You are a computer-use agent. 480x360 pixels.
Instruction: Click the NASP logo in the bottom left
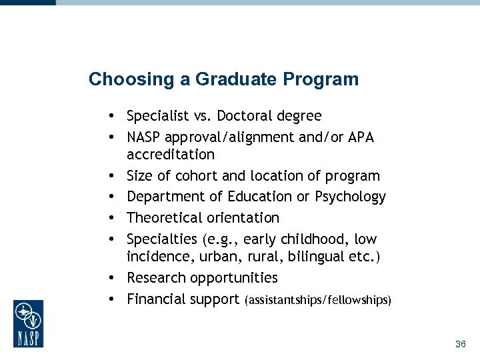28,323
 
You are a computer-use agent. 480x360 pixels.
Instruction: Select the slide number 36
460,345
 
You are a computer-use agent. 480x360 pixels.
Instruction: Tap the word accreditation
171,155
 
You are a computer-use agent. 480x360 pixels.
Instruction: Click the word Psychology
351,197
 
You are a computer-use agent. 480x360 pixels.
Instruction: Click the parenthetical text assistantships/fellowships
319,300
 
